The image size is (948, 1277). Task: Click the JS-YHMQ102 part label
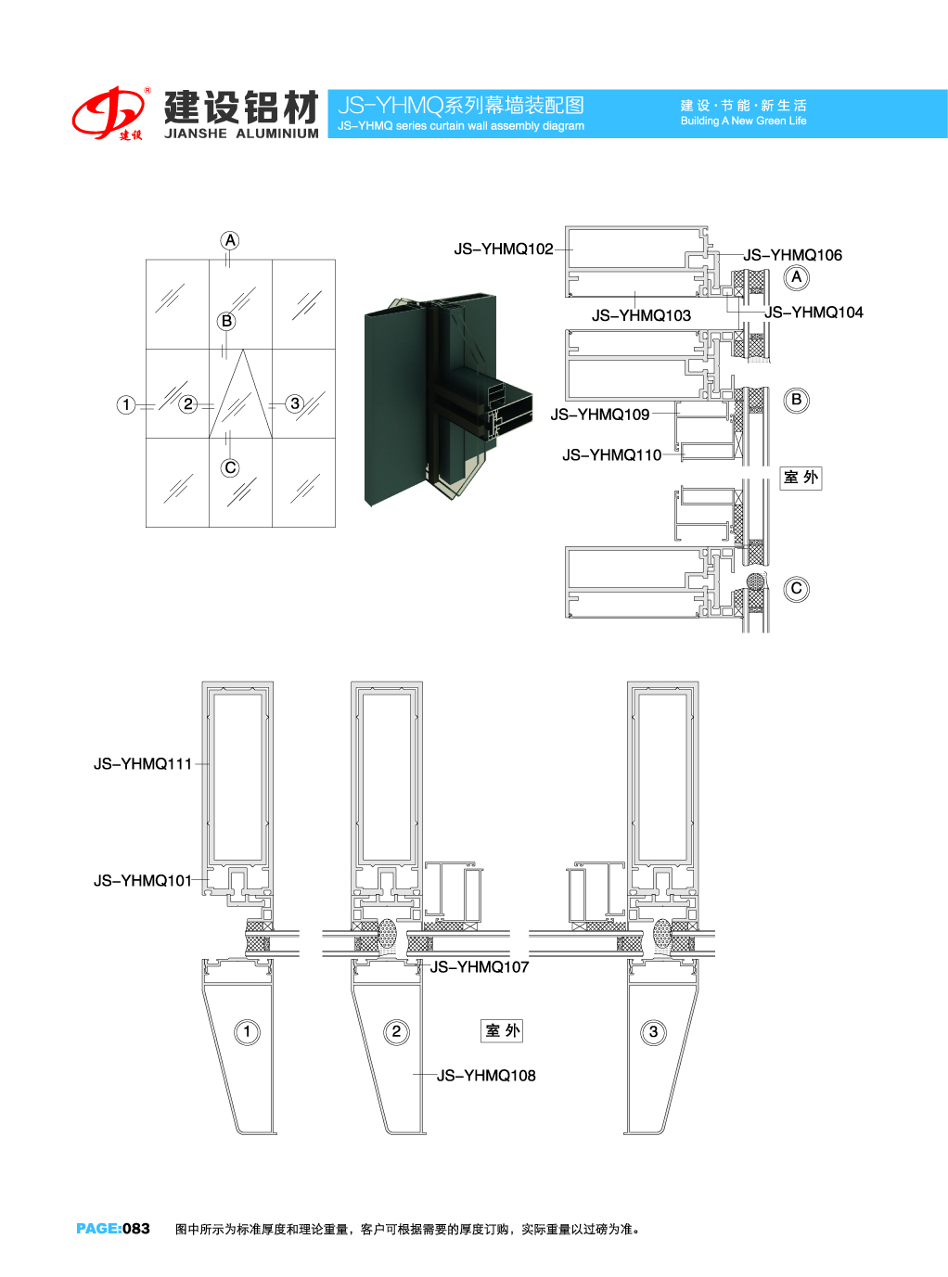tap(503, 249)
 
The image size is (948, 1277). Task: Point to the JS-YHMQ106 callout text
tap(792, 255)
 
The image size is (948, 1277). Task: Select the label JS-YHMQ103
tap(641, 316)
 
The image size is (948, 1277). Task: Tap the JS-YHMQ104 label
tap(813, 313)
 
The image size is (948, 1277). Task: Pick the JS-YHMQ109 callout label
tap(599, 415)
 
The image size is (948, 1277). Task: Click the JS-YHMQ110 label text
tap(611, 455)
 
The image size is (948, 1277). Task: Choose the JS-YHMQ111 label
tap(142, 764)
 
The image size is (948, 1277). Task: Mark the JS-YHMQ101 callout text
tap(142, 881)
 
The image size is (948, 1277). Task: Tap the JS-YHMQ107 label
tap(479, 967)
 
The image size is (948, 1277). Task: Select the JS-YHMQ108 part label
tap(486, 1076)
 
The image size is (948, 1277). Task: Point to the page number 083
tap(136, 1229)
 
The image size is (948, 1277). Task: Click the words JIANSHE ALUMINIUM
tap(241, 134)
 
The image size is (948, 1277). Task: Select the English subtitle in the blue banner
tap(461, 126)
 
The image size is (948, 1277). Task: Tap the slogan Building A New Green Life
tap(743, 121)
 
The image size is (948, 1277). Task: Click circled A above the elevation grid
tap(230, 241)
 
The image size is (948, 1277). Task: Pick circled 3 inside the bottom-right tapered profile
tap(654, 1032)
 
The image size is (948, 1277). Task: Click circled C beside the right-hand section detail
tap(796, 589)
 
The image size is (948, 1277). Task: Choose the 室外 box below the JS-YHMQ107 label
tap(503, 1030)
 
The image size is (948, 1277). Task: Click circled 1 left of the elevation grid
tap(126, 404)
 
